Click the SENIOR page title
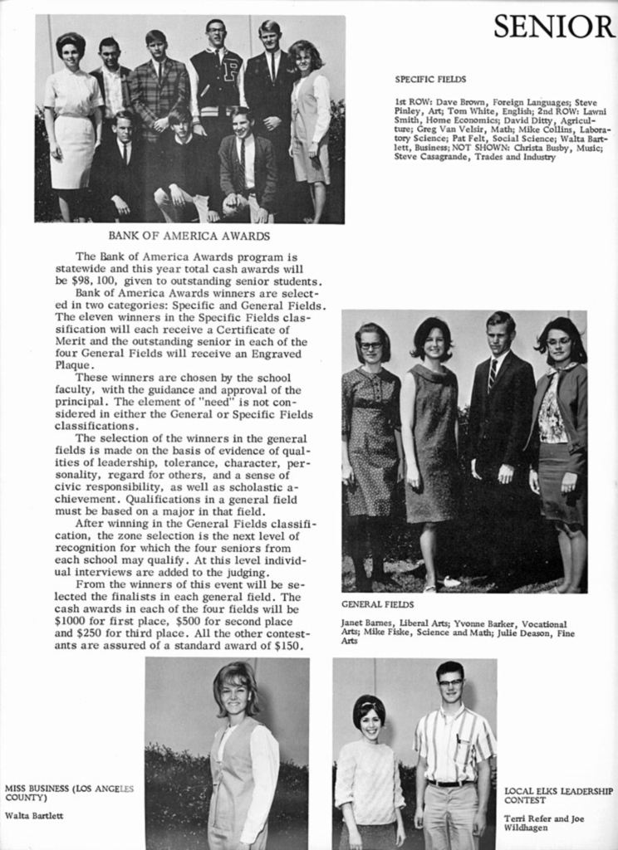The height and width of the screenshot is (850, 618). point(554,27)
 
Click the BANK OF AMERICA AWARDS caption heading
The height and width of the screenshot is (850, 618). point(189,236)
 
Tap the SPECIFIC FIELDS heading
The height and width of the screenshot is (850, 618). point(430,80)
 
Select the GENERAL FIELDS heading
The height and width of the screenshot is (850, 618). point(378,604)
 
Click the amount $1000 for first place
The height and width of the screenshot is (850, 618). point(71,621)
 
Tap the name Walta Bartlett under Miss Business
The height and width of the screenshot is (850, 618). point(34,815)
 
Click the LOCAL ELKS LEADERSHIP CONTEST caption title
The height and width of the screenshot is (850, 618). point(558,796)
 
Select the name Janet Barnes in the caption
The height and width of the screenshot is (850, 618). point(366,623)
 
